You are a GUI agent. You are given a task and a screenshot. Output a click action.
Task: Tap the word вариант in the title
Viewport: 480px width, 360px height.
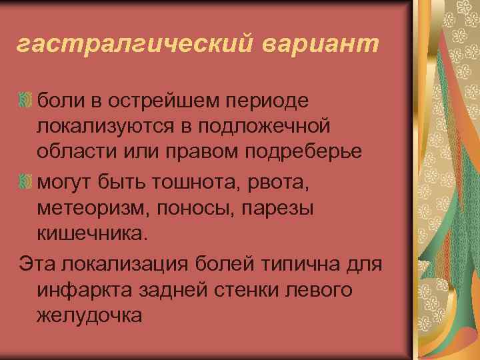[320, 45]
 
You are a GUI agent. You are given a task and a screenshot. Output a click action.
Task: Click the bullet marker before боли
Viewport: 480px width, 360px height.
[26, 101]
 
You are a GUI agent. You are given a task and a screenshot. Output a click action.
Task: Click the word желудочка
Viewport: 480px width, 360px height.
[90, 315]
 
